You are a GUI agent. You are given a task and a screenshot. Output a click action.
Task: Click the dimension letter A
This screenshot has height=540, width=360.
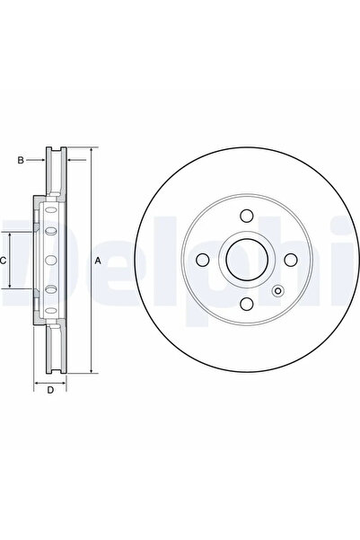pyautogui.click(x=98, y=261)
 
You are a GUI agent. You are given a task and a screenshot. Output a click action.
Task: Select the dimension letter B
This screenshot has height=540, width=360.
pyautogui.click(x=20, y=161)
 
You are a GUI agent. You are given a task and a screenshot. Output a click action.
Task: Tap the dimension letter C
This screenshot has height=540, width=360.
pyautogui.click(x=4, y=260)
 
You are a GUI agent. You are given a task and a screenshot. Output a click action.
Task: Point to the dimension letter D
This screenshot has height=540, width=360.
pyautogui.click(x=50, y=389)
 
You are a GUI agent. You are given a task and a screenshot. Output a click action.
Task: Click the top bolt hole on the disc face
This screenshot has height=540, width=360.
pyautogui.click(x=245, y=217)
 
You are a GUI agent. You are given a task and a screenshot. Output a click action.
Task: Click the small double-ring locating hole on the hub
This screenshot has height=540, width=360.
pyautogui.click(x=277, y=290)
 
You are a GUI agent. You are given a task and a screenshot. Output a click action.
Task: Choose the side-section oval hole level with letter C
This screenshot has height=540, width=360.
pyautogui.click(x=49, y=261)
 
